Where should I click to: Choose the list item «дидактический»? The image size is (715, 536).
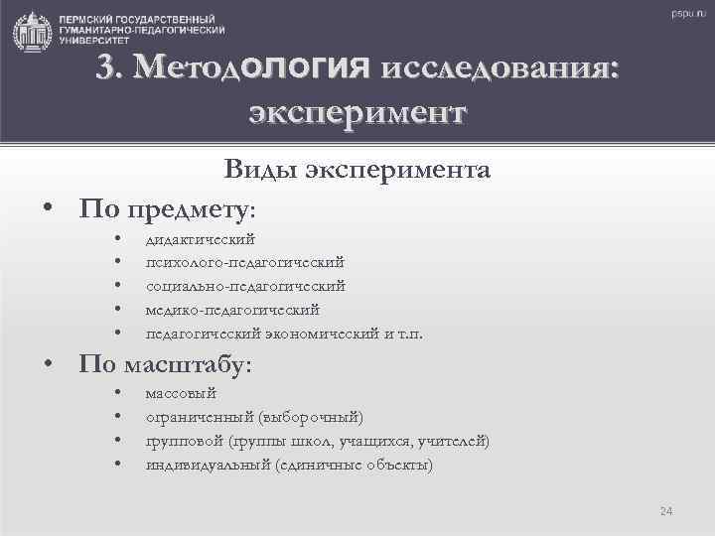click(x=200, y=239)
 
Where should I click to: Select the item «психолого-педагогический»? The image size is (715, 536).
click(x=244, y=262)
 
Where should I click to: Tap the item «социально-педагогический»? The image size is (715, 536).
click(x=245, y=286)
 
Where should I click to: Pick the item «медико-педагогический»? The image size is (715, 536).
click(x=232, y=310)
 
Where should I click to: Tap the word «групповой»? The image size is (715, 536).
click(x=184, y=441)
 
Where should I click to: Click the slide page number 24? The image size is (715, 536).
click(x=666, y=511)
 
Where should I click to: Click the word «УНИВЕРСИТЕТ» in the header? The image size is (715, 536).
click(x=92, y=42)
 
